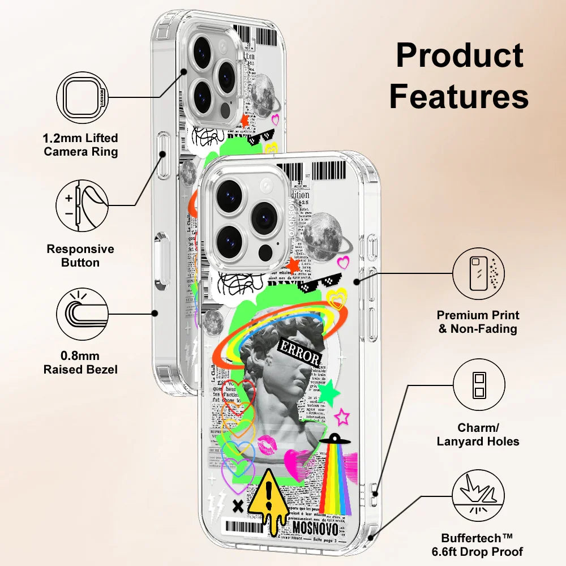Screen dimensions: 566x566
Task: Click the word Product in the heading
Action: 459,57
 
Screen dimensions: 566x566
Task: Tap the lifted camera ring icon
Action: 82,97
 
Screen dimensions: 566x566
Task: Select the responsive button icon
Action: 82,204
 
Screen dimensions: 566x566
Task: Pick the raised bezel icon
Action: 82,313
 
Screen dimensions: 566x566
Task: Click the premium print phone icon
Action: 478,275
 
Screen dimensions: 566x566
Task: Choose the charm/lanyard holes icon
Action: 478,385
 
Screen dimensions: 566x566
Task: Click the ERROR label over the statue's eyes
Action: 300,352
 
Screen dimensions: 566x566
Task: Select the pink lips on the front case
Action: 268,445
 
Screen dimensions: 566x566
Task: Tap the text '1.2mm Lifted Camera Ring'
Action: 81,145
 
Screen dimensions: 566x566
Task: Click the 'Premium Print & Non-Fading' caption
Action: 478,321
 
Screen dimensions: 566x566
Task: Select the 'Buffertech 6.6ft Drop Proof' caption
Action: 482,544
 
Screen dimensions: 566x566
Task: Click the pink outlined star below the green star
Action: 342,418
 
